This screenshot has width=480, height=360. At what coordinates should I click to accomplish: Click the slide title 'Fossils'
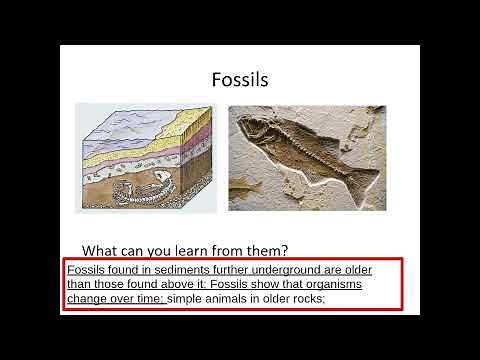pyautogui.click(x=240, y=79)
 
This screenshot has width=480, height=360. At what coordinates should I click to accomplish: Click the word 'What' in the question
pyautogui.click(x=101, y=250)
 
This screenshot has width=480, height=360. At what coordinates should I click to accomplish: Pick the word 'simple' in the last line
pyautogui.click(x=186, y=298)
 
